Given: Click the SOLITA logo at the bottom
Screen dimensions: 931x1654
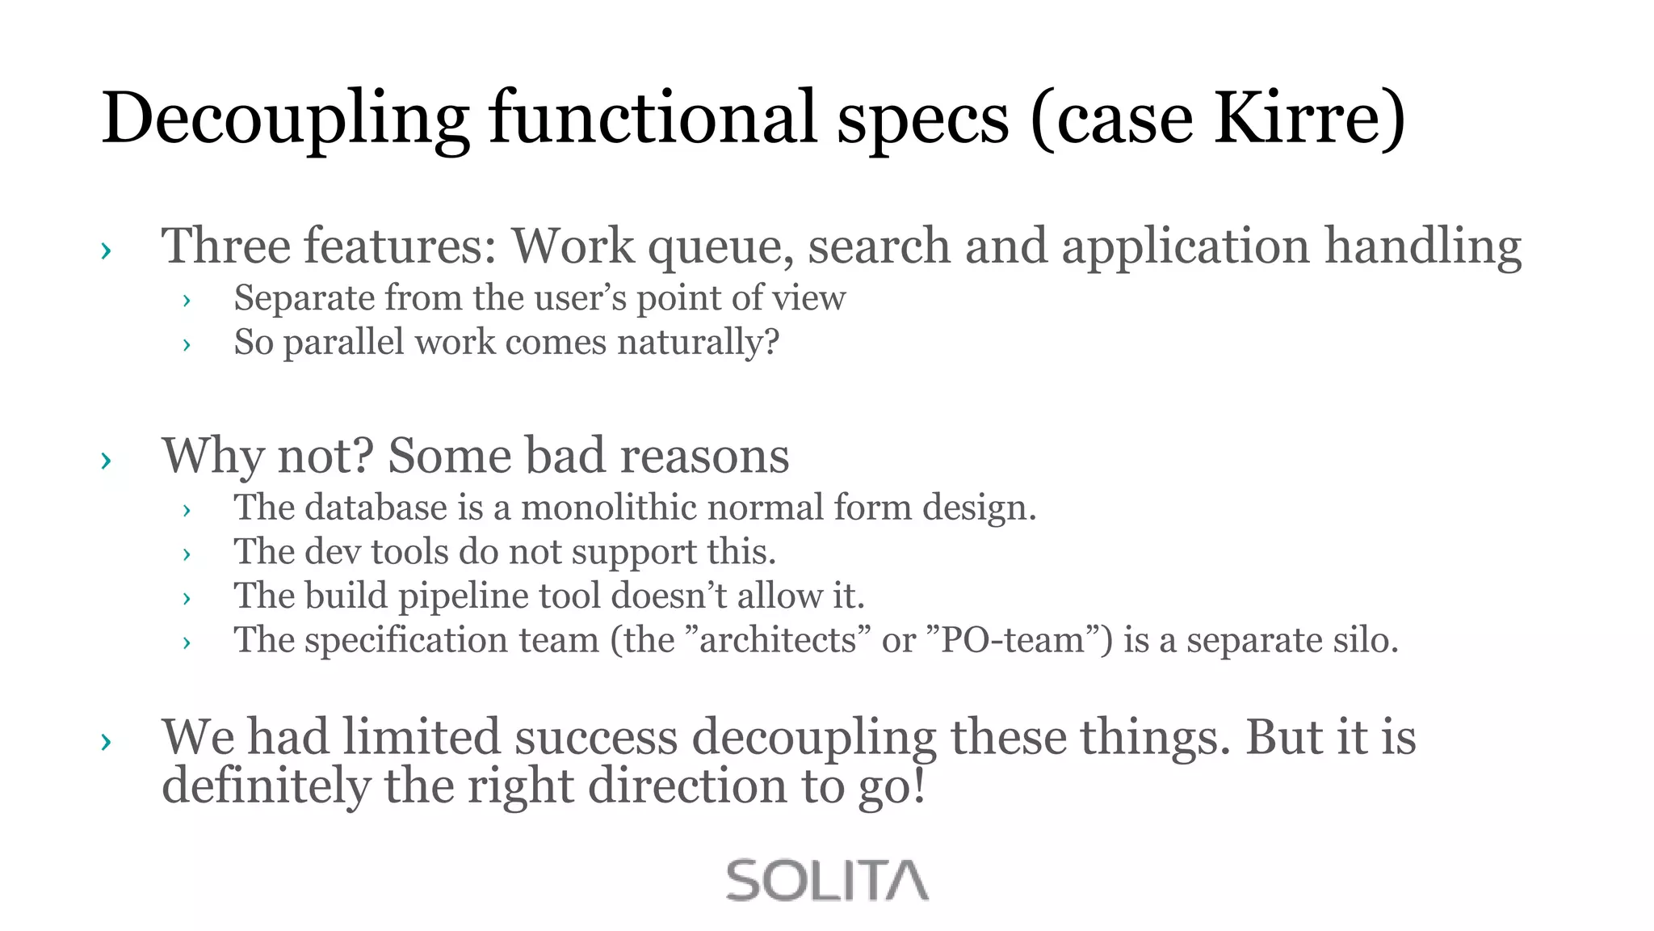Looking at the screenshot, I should click(x=827, y=880).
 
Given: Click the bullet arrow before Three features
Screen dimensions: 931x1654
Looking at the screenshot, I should click(x=106, y=251).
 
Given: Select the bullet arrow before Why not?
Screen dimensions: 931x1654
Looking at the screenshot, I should click(x=106, y=461).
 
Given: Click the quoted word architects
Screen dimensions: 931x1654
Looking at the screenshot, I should click(x=777, y=641).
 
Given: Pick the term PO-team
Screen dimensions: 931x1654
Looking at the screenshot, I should click(x=1012, y=641).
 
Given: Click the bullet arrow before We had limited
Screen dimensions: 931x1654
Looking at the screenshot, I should click(x=106, y=741).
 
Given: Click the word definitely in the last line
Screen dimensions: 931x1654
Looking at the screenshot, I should click(x=266, y=786).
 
